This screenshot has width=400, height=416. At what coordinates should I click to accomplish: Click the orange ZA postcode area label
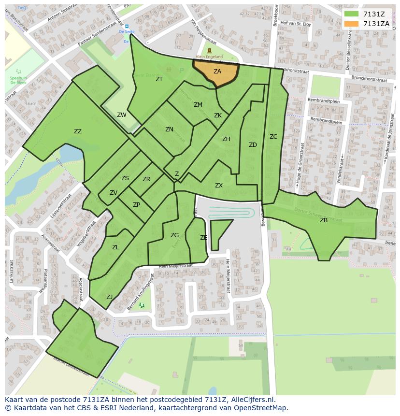point(217,72)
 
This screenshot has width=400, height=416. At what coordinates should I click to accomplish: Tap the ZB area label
point(324,220)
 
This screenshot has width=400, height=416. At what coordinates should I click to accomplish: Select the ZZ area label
point(78,131)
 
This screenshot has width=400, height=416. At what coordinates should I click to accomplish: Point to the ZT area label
point(159,79)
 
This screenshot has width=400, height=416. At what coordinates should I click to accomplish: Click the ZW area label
point(122,115)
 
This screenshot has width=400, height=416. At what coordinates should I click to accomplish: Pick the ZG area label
point(174,235)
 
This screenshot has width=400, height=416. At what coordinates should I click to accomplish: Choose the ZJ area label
point(110,297)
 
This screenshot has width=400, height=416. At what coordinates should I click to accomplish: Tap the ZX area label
point(219,186)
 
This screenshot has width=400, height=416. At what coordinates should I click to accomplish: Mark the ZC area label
point(273,137)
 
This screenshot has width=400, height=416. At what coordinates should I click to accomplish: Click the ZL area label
point(115,247)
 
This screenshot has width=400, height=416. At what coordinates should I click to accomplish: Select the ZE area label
point(204,238)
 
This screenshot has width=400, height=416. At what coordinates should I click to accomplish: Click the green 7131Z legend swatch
point(351,14)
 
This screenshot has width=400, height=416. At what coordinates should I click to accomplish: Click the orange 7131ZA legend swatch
point(351,24)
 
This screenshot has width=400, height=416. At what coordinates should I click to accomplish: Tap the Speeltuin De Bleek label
point(18,80)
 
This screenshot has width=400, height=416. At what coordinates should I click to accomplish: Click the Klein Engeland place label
point(209,57)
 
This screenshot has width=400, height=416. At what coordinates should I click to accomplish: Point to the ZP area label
point(137,205)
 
